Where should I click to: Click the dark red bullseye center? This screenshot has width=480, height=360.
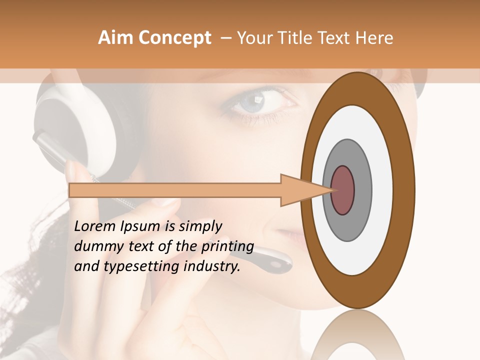[x=342, y=190]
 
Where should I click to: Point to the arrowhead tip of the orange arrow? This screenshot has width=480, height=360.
[x=333, y=190]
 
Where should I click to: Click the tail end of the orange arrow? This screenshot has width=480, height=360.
[x=70, y=190]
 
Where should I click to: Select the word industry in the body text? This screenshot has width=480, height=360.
[x=212, y=266]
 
